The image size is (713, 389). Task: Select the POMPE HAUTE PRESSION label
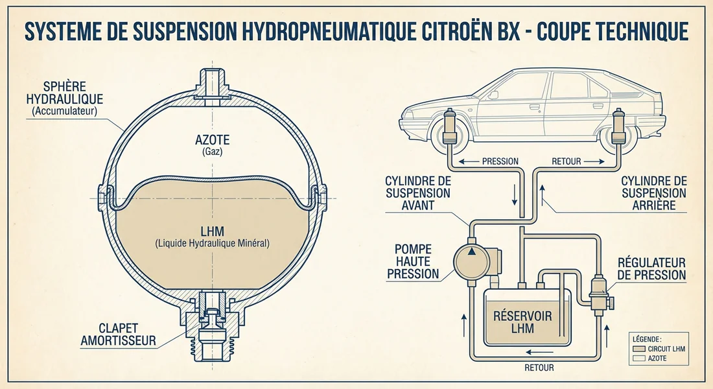[x=413, y=261]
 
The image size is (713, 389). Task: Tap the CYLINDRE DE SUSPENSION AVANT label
[x=417, y=193]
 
